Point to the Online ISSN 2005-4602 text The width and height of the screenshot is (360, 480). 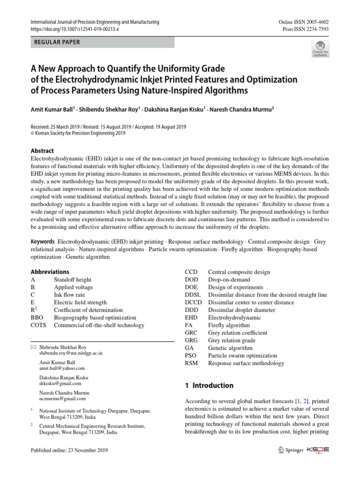click(x=304, y=22)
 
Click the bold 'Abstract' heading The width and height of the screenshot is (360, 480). click(x=42, y=151)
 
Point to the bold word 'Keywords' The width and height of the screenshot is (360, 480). click(x=43, y=241)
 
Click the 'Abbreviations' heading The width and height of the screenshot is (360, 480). click(x=50, y=272)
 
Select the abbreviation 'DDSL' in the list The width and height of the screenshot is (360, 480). click(x=193, y=295)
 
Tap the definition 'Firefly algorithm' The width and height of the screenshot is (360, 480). click(x=229, y=325)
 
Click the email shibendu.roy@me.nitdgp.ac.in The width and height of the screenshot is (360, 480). click(x=71, y=353)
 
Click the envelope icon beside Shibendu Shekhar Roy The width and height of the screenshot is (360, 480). click(x=33, y=347)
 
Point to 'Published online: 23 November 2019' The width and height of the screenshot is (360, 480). click(x=69, y=450)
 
